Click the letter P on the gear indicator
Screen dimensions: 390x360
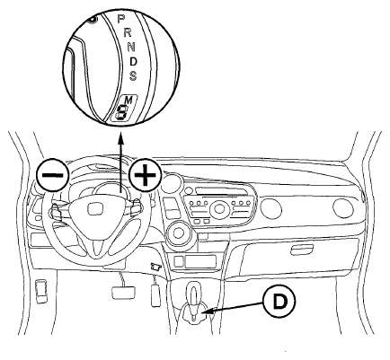pos(120,19)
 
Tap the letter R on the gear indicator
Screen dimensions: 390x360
pos(128,32)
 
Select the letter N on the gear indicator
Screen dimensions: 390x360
pos(131,47)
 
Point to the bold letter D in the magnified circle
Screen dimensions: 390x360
pos(134,62)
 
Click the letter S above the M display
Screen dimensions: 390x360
pos(133,75)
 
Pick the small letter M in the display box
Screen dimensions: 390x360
pos(129,100)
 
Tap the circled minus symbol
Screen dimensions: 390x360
pos(52,174)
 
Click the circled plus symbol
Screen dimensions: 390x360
pos(146,174)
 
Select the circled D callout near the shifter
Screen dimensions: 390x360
pos(279,302)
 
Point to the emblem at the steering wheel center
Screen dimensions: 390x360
pos(96,208)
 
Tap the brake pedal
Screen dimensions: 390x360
pos(123,292)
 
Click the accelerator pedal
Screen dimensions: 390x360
pos(155,294)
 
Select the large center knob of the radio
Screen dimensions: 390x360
pos(219,209)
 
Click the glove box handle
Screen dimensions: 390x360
pos(302,250)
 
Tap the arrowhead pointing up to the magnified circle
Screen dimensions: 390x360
pos(120,139)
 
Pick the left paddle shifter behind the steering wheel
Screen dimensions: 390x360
pos(56,211)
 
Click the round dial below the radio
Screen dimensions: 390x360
pos(179,234)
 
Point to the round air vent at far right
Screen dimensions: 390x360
pos(343,207)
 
